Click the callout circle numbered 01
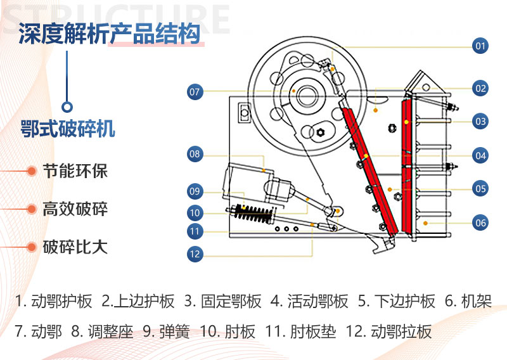point(480,46)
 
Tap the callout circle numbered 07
point(195,92)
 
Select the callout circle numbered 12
point(195,254)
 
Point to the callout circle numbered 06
point(480,222)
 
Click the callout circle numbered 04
point(480,155)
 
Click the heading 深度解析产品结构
point(109,33)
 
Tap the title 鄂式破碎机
point(68,129)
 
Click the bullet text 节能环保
point(75,171)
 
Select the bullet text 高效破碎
point(75,209)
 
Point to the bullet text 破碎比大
point(75,247)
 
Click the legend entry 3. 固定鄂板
point(222,301)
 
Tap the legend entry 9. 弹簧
point(165,331)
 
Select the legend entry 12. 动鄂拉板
point(388,331)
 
